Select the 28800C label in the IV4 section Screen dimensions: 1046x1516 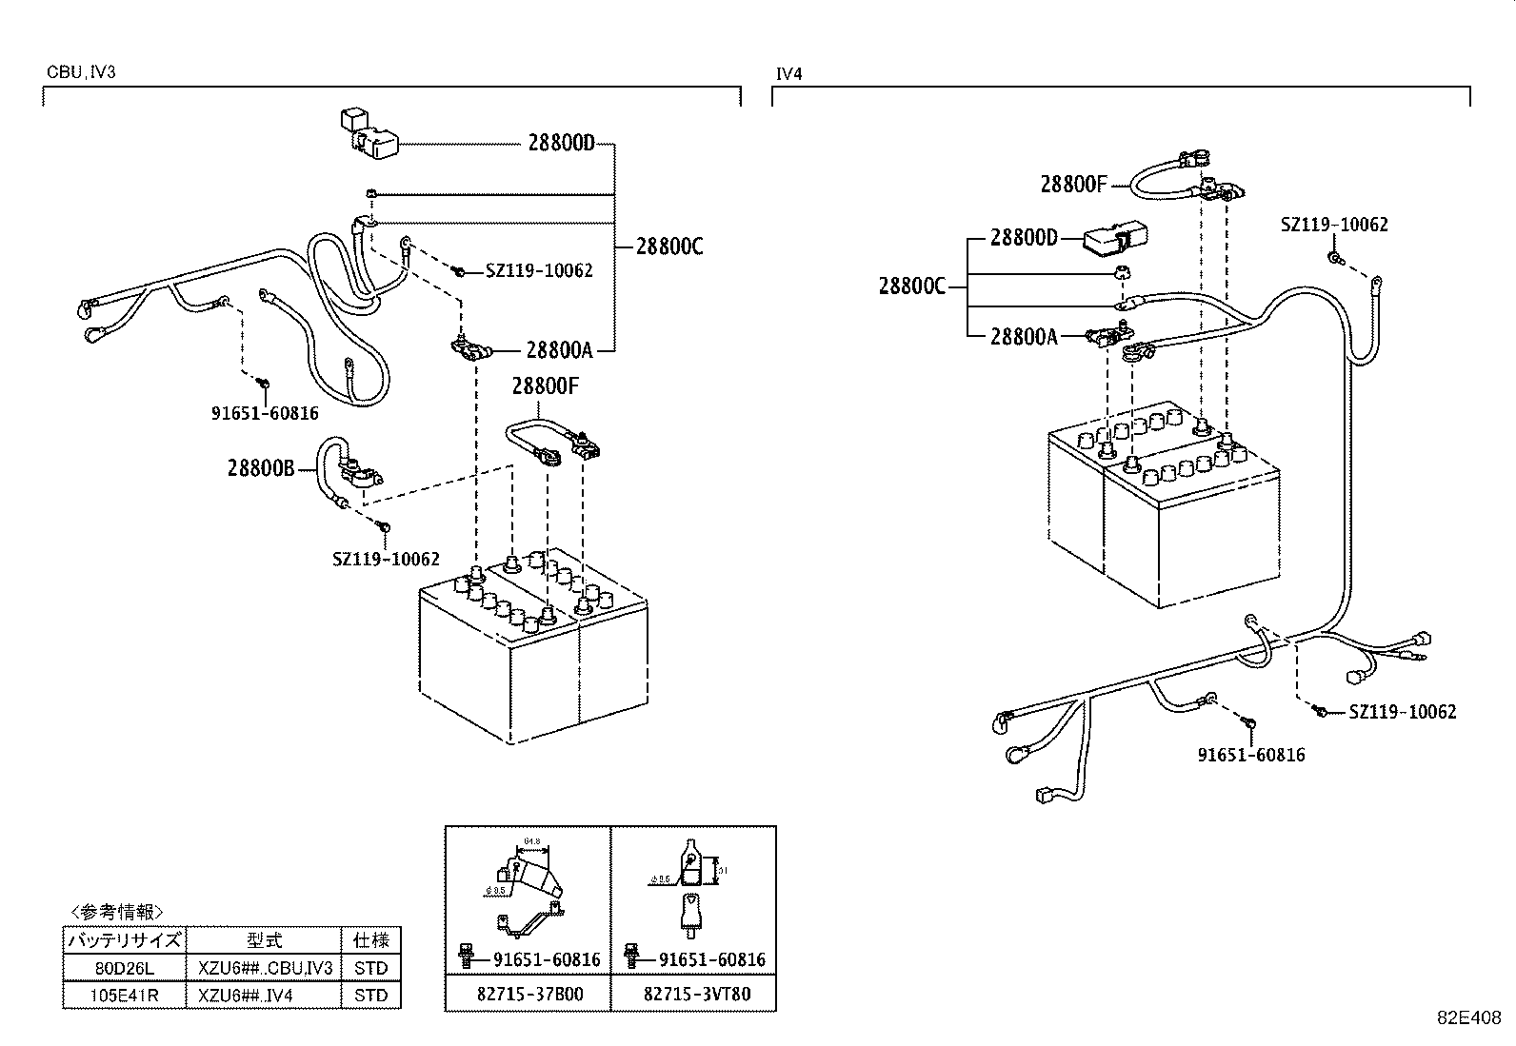point(911,286)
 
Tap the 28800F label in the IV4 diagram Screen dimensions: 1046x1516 point(1073,184)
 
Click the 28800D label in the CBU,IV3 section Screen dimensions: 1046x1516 point(561,144)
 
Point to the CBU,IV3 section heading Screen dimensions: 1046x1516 point(81,72)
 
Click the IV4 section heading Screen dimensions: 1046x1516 point(788,72)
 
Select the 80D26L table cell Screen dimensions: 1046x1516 point(124,968)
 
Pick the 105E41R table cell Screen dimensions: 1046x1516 point(124,996)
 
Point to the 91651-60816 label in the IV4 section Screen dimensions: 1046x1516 point(1250,755)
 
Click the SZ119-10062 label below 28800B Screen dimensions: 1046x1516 point(386,560)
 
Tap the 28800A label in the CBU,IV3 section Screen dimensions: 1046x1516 point(558,350)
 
